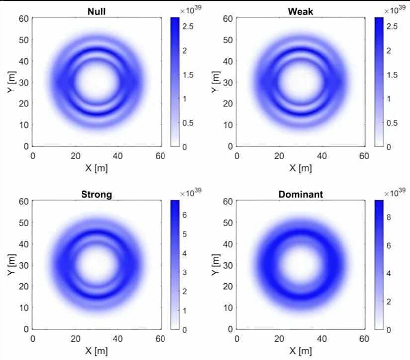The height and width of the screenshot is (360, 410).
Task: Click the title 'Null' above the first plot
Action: [x=96, y=11]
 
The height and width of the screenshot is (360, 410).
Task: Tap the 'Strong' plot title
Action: [x=96, y=194]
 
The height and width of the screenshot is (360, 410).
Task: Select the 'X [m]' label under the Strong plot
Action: [x=96, y=351]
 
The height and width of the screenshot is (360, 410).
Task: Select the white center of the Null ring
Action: [x=96, y=82]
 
